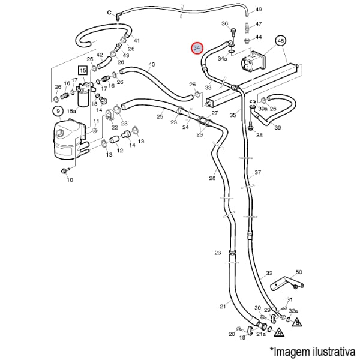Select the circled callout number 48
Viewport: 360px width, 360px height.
click(280, 40)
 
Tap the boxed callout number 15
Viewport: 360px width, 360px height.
click(83, 71)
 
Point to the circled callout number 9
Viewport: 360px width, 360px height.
click(58, 111)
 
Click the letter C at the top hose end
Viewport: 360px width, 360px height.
click(110, 12)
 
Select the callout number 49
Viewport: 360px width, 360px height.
click(259, 10)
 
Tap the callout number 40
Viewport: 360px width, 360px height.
click(151, 64)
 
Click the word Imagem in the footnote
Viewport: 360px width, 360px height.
click(294, 350)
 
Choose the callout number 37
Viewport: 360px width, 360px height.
click(258, 172)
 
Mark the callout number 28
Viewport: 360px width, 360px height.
click(212, 178)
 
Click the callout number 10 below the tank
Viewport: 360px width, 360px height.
click(70, 179)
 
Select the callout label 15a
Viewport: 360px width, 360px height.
click(71, 111)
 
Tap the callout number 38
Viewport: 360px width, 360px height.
click(259, 135)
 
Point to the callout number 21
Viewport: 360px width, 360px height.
click(222, 306)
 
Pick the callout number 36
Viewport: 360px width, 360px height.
click(225, 23)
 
